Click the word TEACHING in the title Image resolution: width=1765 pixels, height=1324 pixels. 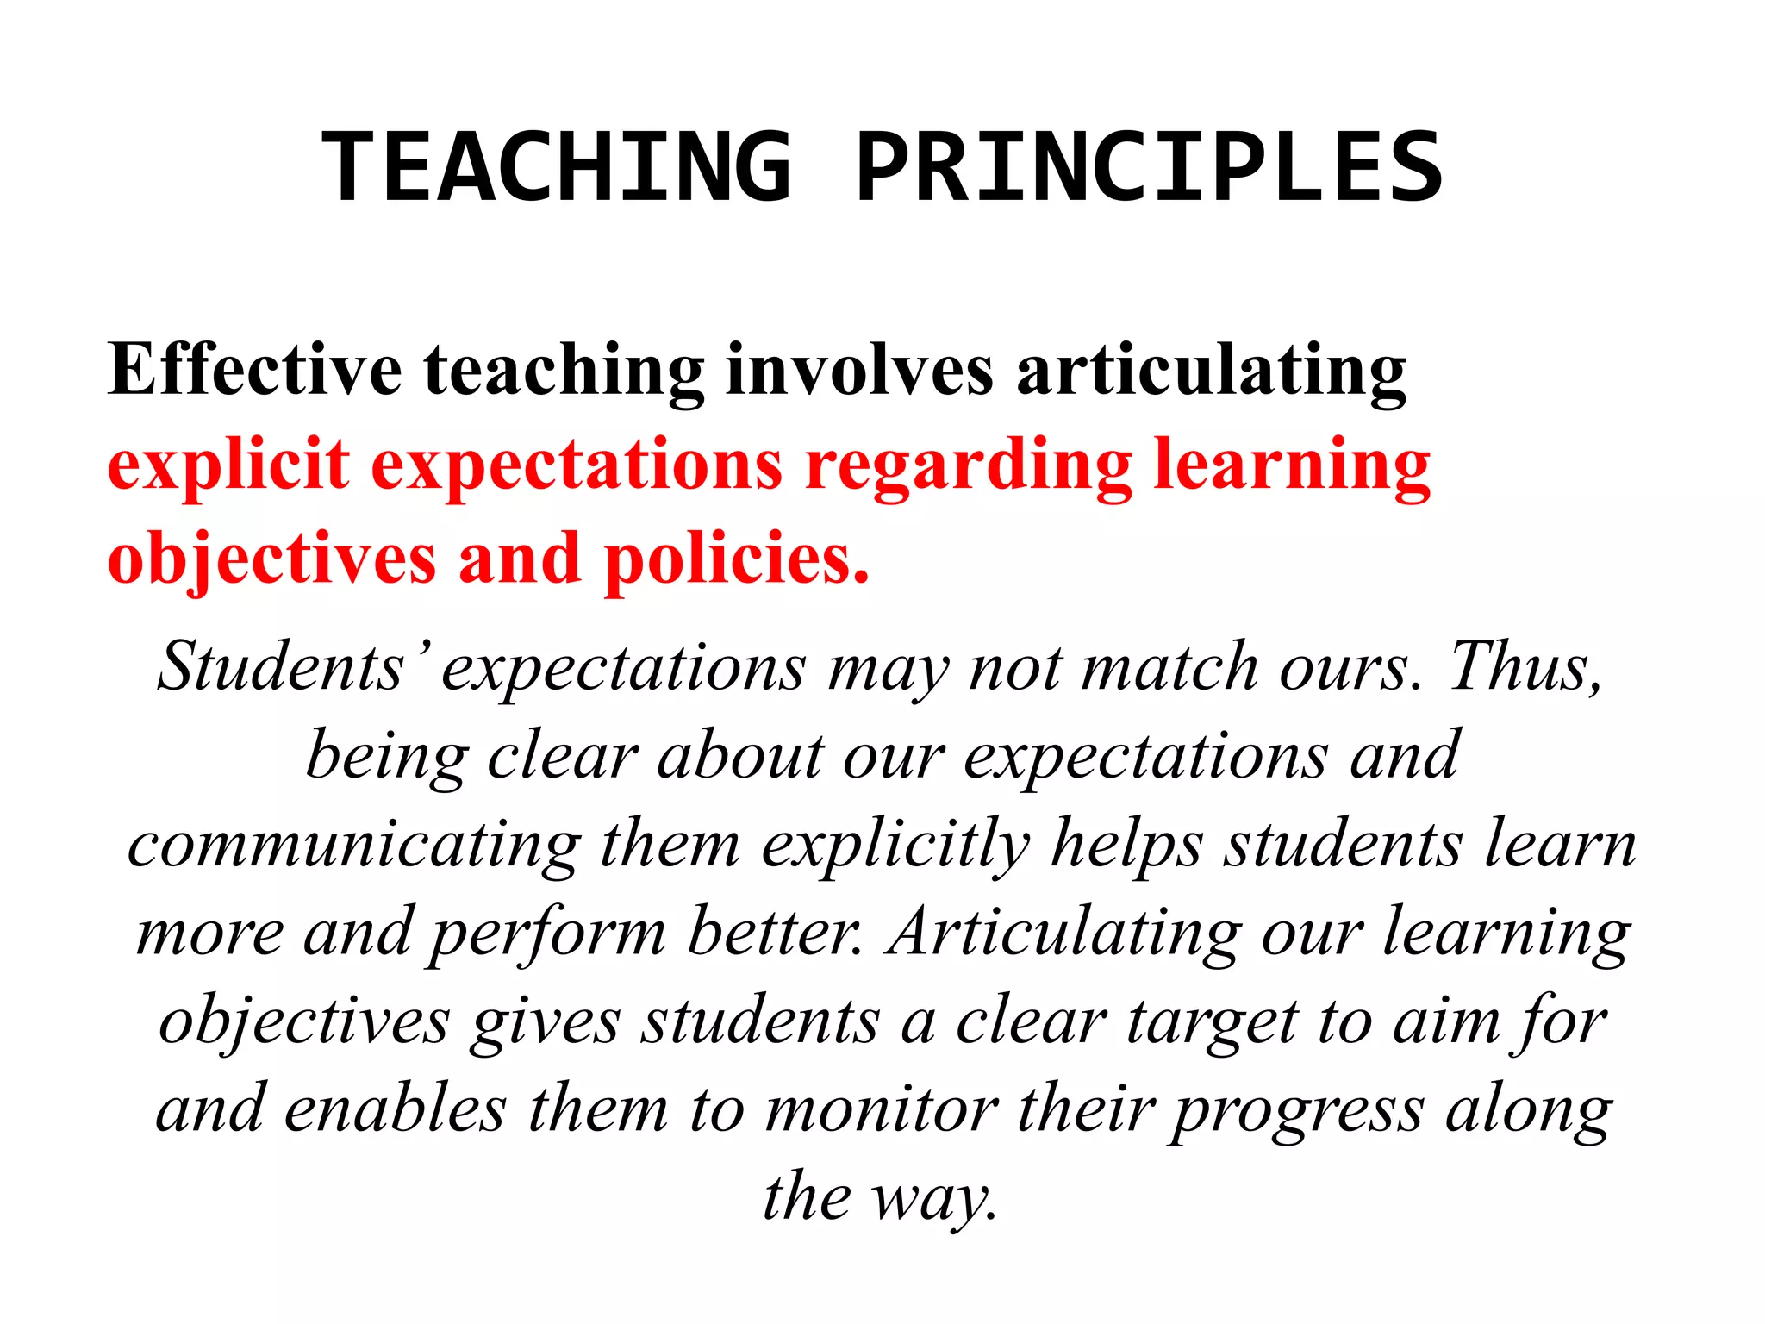pyautogui.click(x=556, y=166)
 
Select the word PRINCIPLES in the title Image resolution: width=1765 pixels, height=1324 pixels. pyautogui.click(x=1149, y=166)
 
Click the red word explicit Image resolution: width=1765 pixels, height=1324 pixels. pyautogui.click(x=228, y=465)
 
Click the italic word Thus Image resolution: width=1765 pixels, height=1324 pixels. pyautogui.click(x=1525, y=667)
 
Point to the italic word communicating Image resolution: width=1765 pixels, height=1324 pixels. pyautogui.click(x=353, y=845)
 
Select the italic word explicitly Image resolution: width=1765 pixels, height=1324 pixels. pyautogui.click(x=896, y=845)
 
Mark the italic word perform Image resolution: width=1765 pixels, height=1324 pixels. pyautogui.click(x=548, y=934)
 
